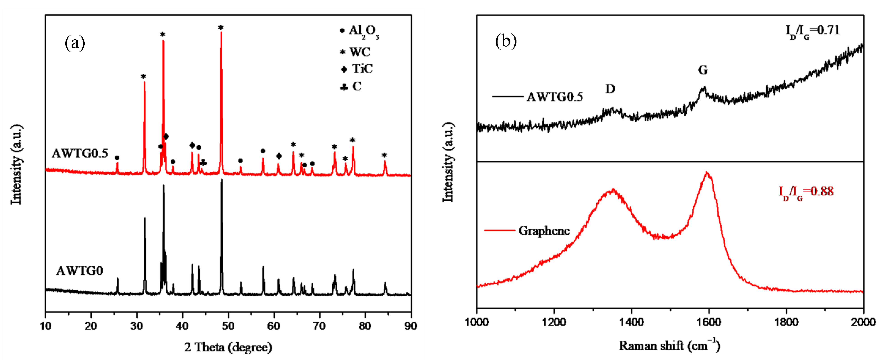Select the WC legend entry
point(355,52)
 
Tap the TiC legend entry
point(357,69)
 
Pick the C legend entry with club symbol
point(351,87)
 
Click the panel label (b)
point(506,42)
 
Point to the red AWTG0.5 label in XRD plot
point(80,153)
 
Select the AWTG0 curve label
point(79,271)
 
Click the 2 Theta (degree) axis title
point(228,347)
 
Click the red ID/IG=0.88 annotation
point(806,192)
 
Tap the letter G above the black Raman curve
point(703,70)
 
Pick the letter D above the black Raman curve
point(610,89)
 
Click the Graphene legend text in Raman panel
point(544,230)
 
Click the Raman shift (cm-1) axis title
point(669,345)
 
